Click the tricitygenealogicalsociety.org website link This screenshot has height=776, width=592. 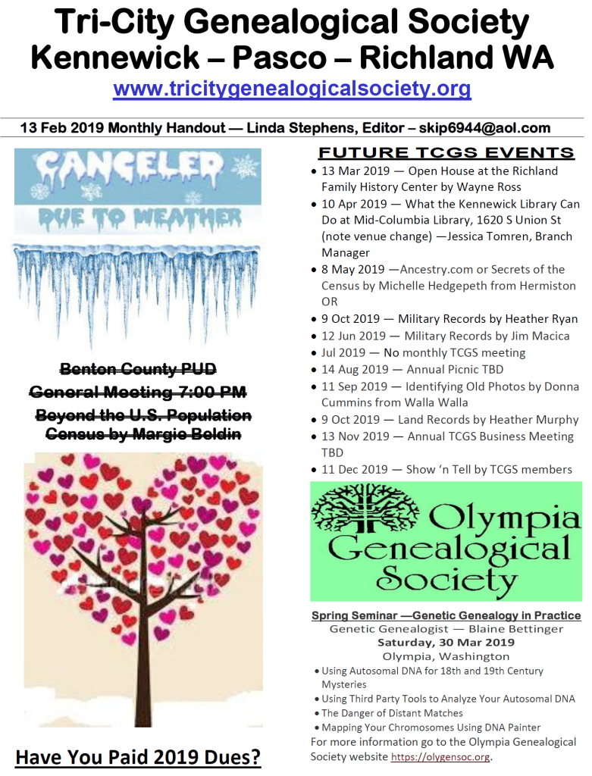click(x=292, y=89)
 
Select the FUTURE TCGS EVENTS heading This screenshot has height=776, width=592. click(x=446, y=152)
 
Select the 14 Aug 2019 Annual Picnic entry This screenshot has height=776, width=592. click(x=409, y=369)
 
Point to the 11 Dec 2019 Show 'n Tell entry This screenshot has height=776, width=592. click(x=446, y=469)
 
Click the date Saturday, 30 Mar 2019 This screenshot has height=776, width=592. click(x=446, y=643)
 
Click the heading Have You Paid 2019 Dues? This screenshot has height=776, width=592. click(x=138, y=757)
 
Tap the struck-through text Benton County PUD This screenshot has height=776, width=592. click(x=138, y=369)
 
